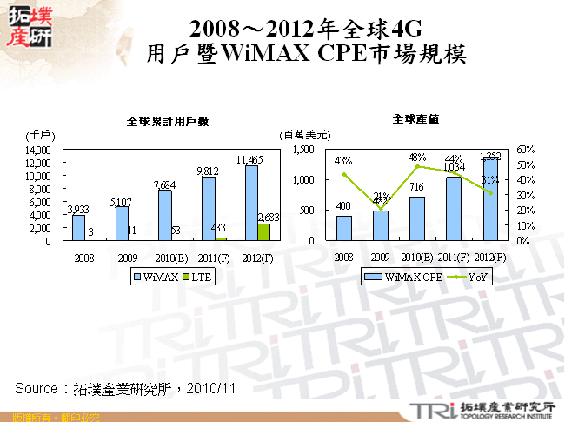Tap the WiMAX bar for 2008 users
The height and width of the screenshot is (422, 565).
coord(78,227)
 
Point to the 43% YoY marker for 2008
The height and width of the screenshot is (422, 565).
coord(344,175)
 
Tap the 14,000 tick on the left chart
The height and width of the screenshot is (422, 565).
coord(40,150)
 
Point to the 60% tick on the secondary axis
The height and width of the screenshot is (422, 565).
coord(525,150)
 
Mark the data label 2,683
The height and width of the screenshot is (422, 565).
coord(268,216)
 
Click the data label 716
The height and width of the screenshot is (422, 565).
coord(417,188)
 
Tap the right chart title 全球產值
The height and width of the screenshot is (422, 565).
coord(415,117)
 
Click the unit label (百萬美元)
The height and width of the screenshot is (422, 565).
coord(304,135)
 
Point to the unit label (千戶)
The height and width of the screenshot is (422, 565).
coord(41,135)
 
